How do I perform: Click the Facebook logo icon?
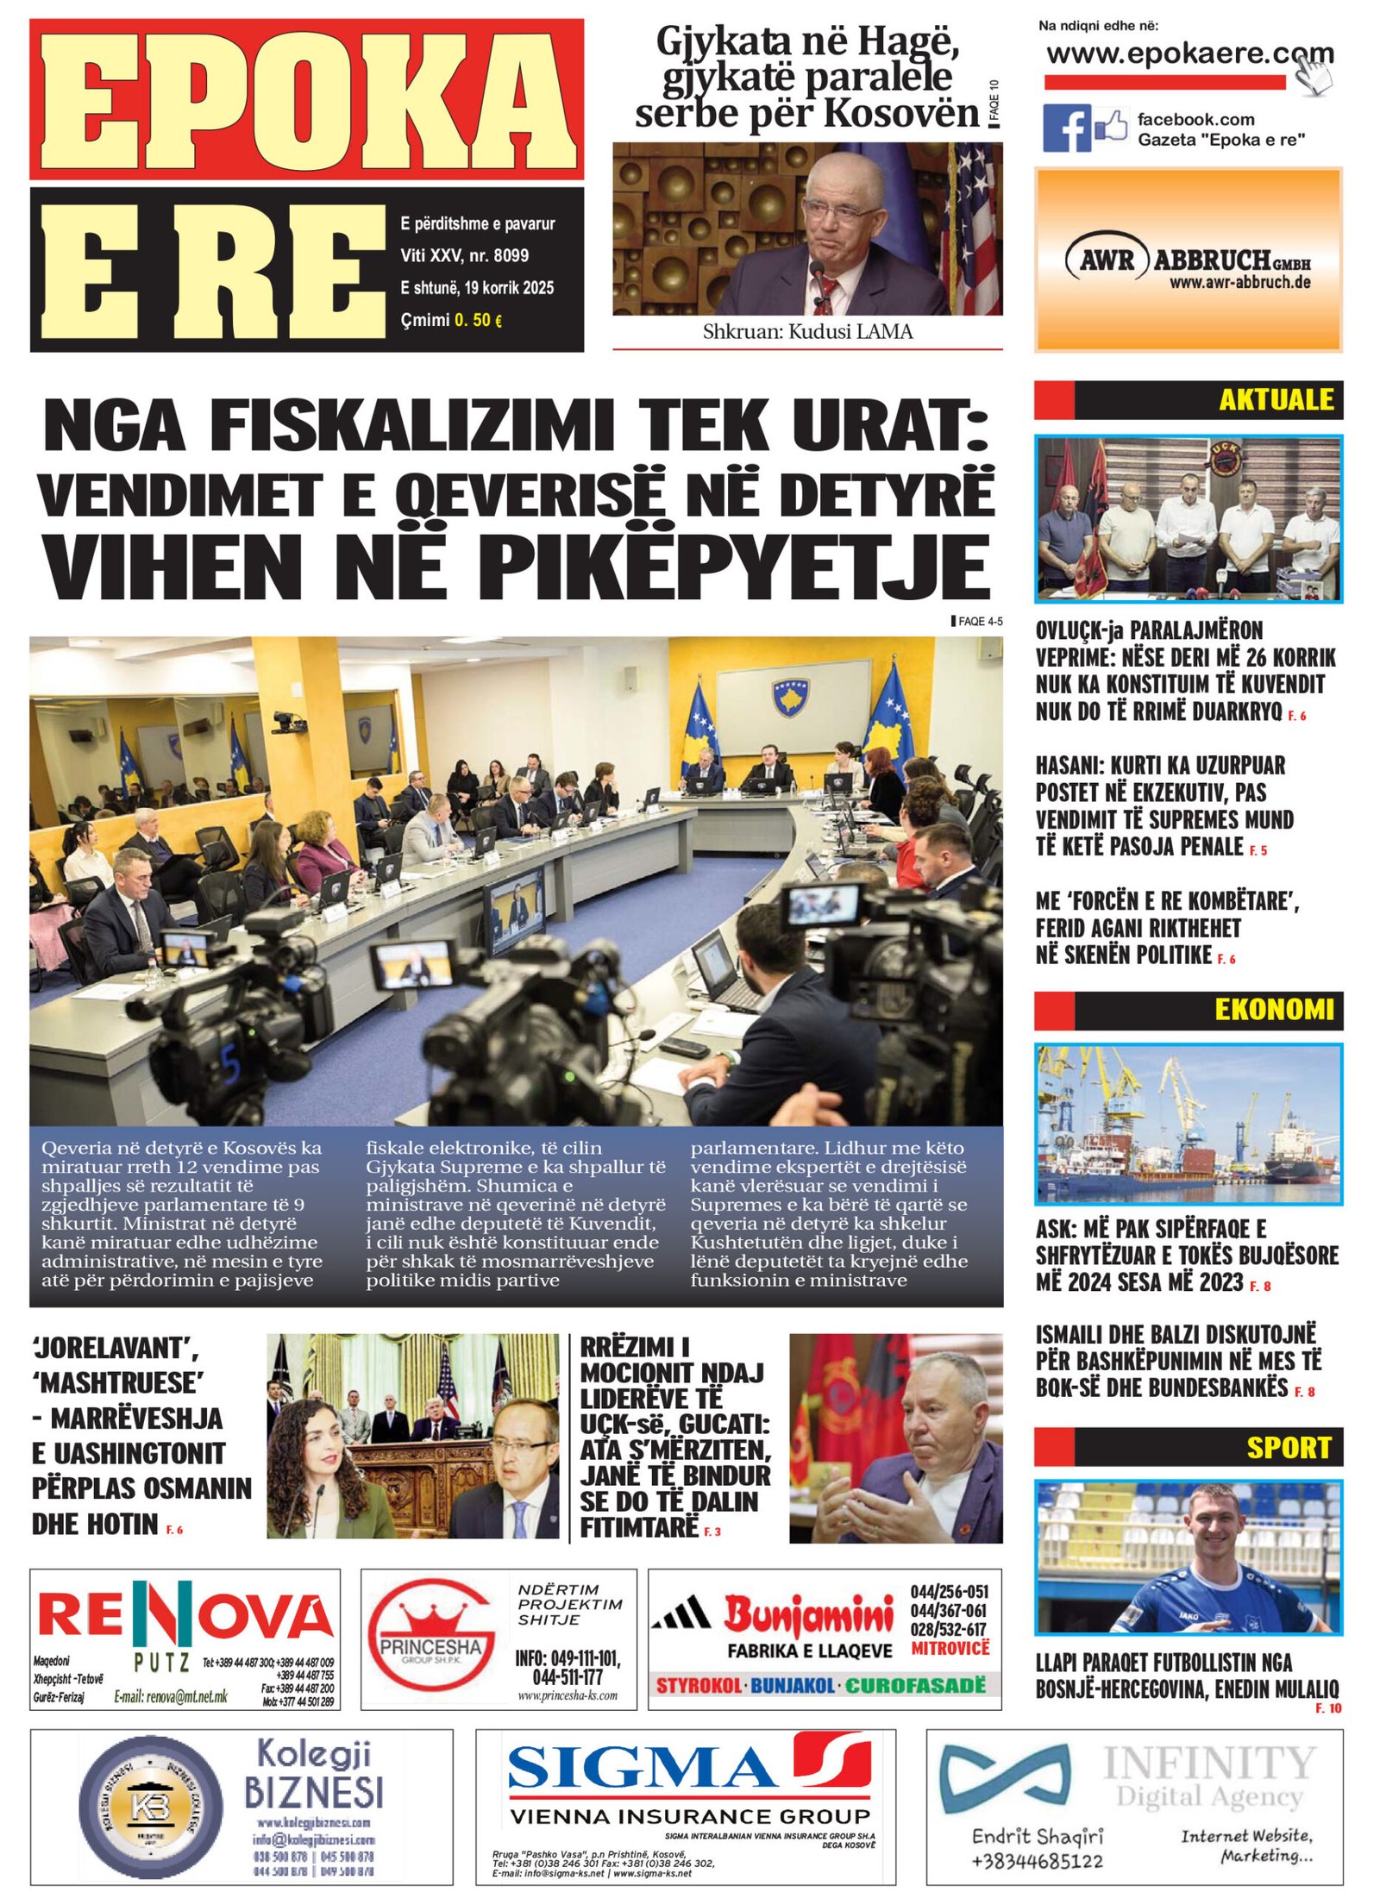pos(1066,128)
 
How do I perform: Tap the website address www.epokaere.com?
pos(1189,54)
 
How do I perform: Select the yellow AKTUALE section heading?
pos(1276,399)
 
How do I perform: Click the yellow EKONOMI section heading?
pos(1274,1009)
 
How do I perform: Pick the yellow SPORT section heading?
pos(1289,1447)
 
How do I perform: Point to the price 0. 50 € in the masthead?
pos(478,320)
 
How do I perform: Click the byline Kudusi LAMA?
pos(850,331)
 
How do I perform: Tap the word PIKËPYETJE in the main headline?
pos(733,567)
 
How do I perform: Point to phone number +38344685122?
pos(1037,1860)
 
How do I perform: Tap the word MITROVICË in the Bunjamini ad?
pos(950,1648)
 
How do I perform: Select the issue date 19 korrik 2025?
pos(508,287)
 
